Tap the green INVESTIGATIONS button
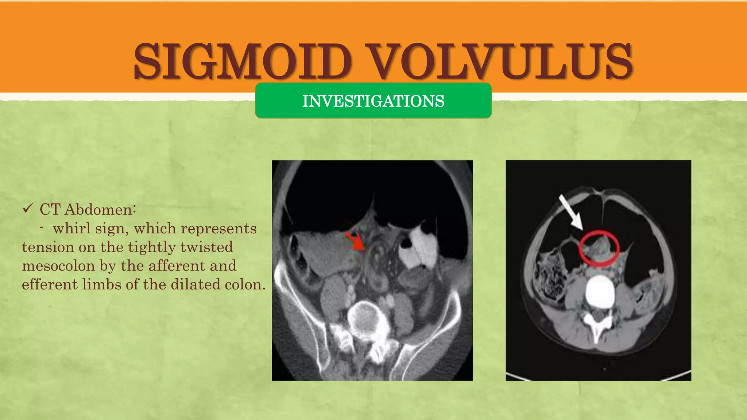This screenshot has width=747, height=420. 373,101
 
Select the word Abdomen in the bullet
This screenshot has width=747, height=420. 100,210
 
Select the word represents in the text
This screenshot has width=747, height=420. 218,229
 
